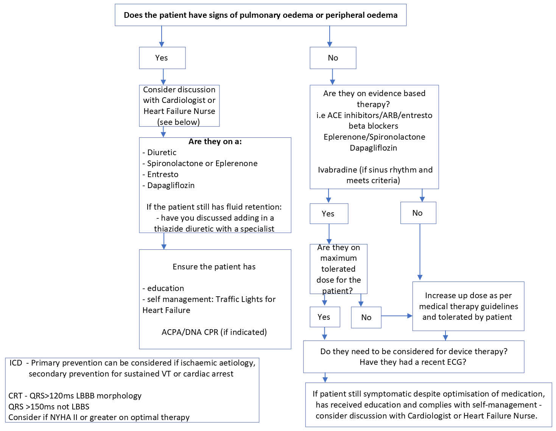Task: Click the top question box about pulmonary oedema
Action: point(260,15)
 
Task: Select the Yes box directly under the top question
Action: point(162,58)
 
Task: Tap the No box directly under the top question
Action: point(333,58)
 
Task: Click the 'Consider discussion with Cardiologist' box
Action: point(179,106)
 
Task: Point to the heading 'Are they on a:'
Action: point(215,142)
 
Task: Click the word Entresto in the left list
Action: point(163,174)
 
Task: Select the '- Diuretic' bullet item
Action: point(159,152)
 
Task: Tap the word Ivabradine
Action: point(337,170)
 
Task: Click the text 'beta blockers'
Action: point(373,126)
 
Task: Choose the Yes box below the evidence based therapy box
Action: point(329,214)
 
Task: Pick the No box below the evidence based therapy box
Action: point(418,213)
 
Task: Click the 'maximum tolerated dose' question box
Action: point(338,269)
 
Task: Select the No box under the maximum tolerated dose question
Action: point(366,317)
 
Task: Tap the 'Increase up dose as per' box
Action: point(468,306)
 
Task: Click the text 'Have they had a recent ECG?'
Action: point(413,362)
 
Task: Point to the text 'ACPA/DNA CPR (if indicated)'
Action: point(214,332)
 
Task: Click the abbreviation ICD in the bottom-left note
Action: point(16,363)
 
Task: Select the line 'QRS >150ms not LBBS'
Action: point(49,407)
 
